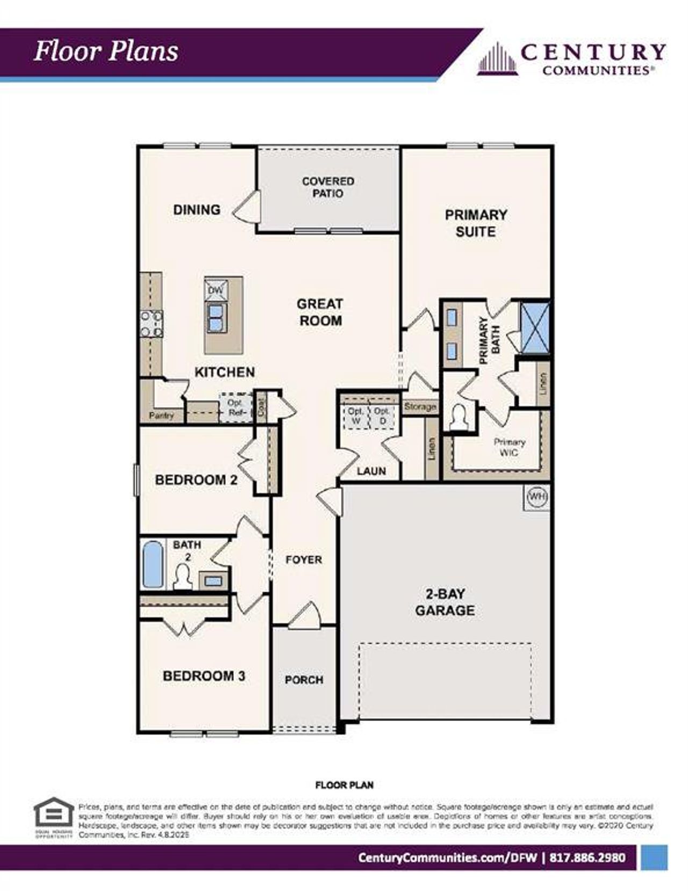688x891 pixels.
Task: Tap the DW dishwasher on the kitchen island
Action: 216,291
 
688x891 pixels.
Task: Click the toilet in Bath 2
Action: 183,577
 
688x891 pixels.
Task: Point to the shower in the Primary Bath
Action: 535,327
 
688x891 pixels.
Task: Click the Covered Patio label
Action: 328,187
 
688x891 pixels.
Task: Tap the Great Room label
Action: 320,312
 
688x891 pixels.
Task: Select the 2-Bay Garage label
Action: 445,602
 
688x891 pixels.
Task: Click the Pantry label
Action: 161,415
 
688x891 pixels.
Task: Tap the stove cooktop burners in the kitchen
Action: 151,324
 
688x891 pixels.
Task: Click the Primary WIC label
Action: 508,447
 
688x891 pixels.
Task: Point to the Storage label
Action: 420,407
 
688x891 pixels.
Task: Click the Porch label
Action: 304,680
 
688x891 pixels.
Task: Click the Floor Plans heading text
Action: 106,52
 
